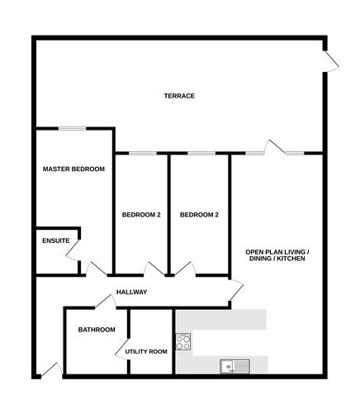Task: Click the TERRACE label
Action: coord(179,96)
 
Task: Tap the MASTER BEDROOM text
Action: coord(73,169)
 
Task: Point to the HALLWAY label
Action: coord(131,293)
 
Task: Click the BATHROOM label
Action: coord(96,330)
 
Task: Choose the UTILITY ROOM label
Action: coord(146,351)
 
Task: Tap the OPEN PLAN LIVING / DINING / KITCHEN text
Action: coord(276,255)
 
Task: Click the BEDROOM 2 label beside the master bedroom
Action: coord(141,215)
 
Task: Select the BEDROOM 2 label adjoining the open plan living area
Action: coord(199,215)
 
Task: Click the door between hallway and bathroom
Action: coord(105,302)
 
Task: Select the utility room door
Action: coord(123,350)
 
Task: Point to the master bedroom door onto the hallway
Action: coord(96,269)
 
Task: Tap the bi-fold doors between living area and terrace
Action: coord(276,150)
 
